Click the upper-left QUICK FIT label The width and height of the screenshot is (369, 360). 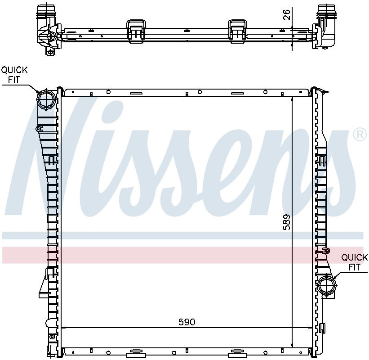coord(14,75)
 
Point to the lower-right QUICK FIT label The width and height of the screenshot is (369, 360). coord(354,262)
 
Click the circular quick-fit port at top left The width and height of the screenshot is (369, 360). coord(45,99)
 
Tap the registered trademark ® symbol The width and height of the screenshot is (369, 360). coord(360,135)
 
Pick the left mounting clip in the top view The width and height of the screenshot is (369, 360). coord(136,30)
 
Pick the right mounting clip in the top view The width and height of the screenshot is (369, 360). coord(236,30)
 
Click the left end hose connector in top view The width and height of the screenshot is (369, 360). coord(46,27)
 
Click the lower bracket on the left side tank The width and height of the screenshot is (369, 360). coord(45,283)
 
